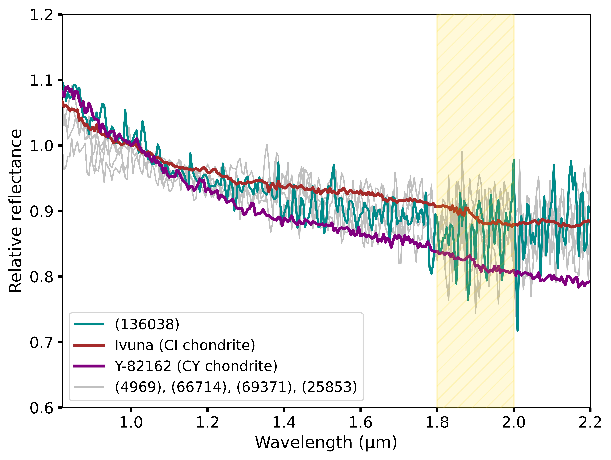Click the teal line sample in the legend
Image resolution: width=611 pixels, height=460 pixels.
point(89,324)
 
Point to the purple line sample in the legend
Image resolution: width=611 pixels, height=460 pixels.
point(89,366)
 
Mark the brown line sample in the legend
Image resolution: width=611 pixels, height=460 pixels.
point(89,345)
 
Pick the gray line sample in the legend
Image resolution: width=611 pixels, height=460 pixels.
point(89,387)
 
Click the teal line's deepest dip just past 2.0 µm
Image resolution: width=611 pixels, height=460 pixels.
point(517,330)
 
